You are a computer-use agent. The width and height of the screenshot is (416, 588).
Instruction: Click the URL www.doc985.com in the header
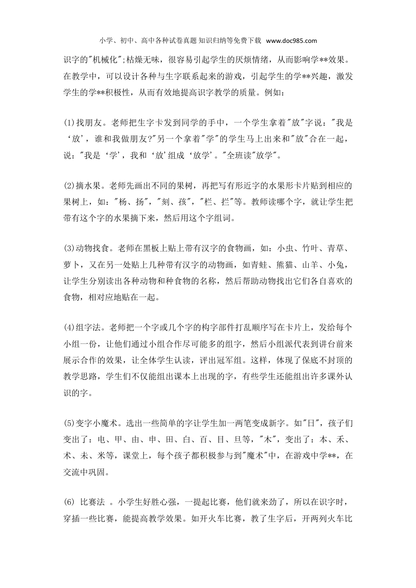point(291,41)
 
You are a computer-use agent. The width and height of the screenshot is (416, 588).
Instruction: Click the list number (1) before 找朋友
point(70,122)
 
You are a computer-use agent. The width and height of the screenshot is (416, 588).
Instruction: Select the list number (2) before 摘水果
point(70,185)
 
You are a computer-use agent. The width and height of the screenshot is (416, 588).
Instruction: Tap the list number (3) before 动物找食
point(70,248)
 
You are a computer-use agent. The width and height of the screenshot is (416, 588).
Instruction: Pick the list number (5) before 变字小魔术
point(70,423)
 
